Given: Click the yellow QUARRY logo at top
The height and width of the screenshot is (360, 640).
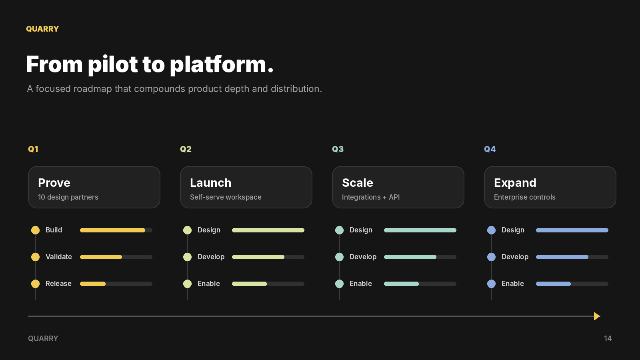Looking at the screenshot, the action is tap(42, 29).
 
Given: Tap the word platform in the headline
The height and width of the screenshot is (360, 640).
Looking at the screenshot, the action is tap(222, 65).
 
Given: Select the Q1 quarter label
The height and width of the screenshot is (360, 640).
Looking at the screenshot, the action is tap(33, 149).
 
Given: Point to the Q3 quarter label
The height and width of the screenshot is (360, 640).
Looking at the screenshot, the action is tap(338, 149).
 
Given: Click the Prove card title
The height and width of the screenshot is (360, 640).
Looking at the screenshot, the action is tap(54, 183).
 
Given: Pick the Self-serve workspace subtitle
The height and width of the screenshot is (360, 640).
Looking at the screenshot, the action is tap(226, 197).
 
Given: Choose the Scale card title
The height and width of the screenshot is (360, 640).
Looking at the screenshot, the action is tap(358, 183).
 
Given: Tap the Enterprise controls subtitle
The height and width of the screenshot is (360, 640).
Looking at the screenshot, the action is tap(524, 197).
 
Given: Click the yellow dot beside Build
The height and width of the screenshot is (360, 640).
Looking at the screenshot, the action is tap(36, 230).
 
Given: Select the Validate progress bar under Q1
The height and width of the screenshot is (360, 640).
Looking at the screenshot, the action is tap(116, 257).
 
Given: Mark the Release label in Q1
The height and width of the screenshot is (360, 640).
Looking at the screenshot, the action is tap(58, 284).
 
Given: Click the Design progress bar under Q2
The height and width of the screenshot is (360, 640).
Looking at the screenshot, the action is tap(268, 230).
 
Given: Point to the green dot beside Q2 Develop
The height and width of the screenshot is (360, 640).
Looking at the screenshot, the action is tap(188, 257).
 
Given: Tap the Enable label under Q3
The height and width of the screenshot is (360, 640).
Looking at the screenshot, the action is tap(360, 284).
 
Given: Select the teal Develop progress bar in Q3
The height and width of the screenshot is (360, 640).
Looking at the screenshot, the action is tap(420, 257).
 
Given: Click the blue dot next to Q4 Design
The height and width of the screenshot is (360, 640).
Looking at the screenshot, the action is tap(492, 230).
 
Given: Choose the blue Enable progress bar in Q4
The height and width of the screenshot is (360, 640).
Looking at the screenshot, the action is tap(572, 284).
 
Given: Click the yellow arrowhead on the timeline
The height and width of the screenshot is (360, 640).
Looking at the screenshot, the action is tap(597, 316).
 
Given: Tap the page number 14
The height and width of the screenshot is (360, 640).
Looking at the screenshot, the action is tap(608, 338).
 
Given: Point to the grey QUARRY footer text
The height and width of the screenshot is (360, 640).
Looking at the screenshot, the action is tap(43, 338).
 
